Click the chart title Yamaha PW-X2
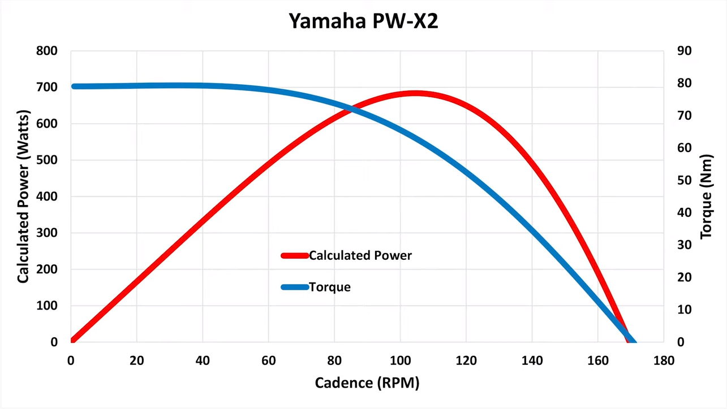click(363, 21)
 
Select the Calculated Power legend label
click(360, 255)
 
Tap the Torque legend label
click(330, 287)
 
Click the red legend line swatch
click(295, 255)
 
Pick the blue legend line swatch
click(295, 287)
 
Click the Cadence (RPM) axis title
click(367, 382)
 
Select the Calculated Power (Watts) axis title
click(23, 197)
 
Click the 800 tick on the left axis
click(47, 51)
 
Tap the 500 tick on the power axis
click(47, 160)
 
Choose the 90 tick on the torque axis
click(685, 51)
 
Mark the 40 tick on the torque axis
click(685, 212)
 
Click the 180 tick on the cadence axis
click(664, 360)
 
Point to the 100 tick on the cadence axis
click(400, 360)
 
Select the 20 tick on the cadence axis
click(136, 360)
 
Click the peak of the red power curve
click(415, 93)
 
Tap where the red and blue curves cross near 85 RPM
click(352, 110)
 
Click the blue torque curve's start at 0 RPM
click(74, 86)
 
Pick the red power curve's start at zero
click(72, 341)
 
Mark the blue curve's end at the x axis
click(634, 341)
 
